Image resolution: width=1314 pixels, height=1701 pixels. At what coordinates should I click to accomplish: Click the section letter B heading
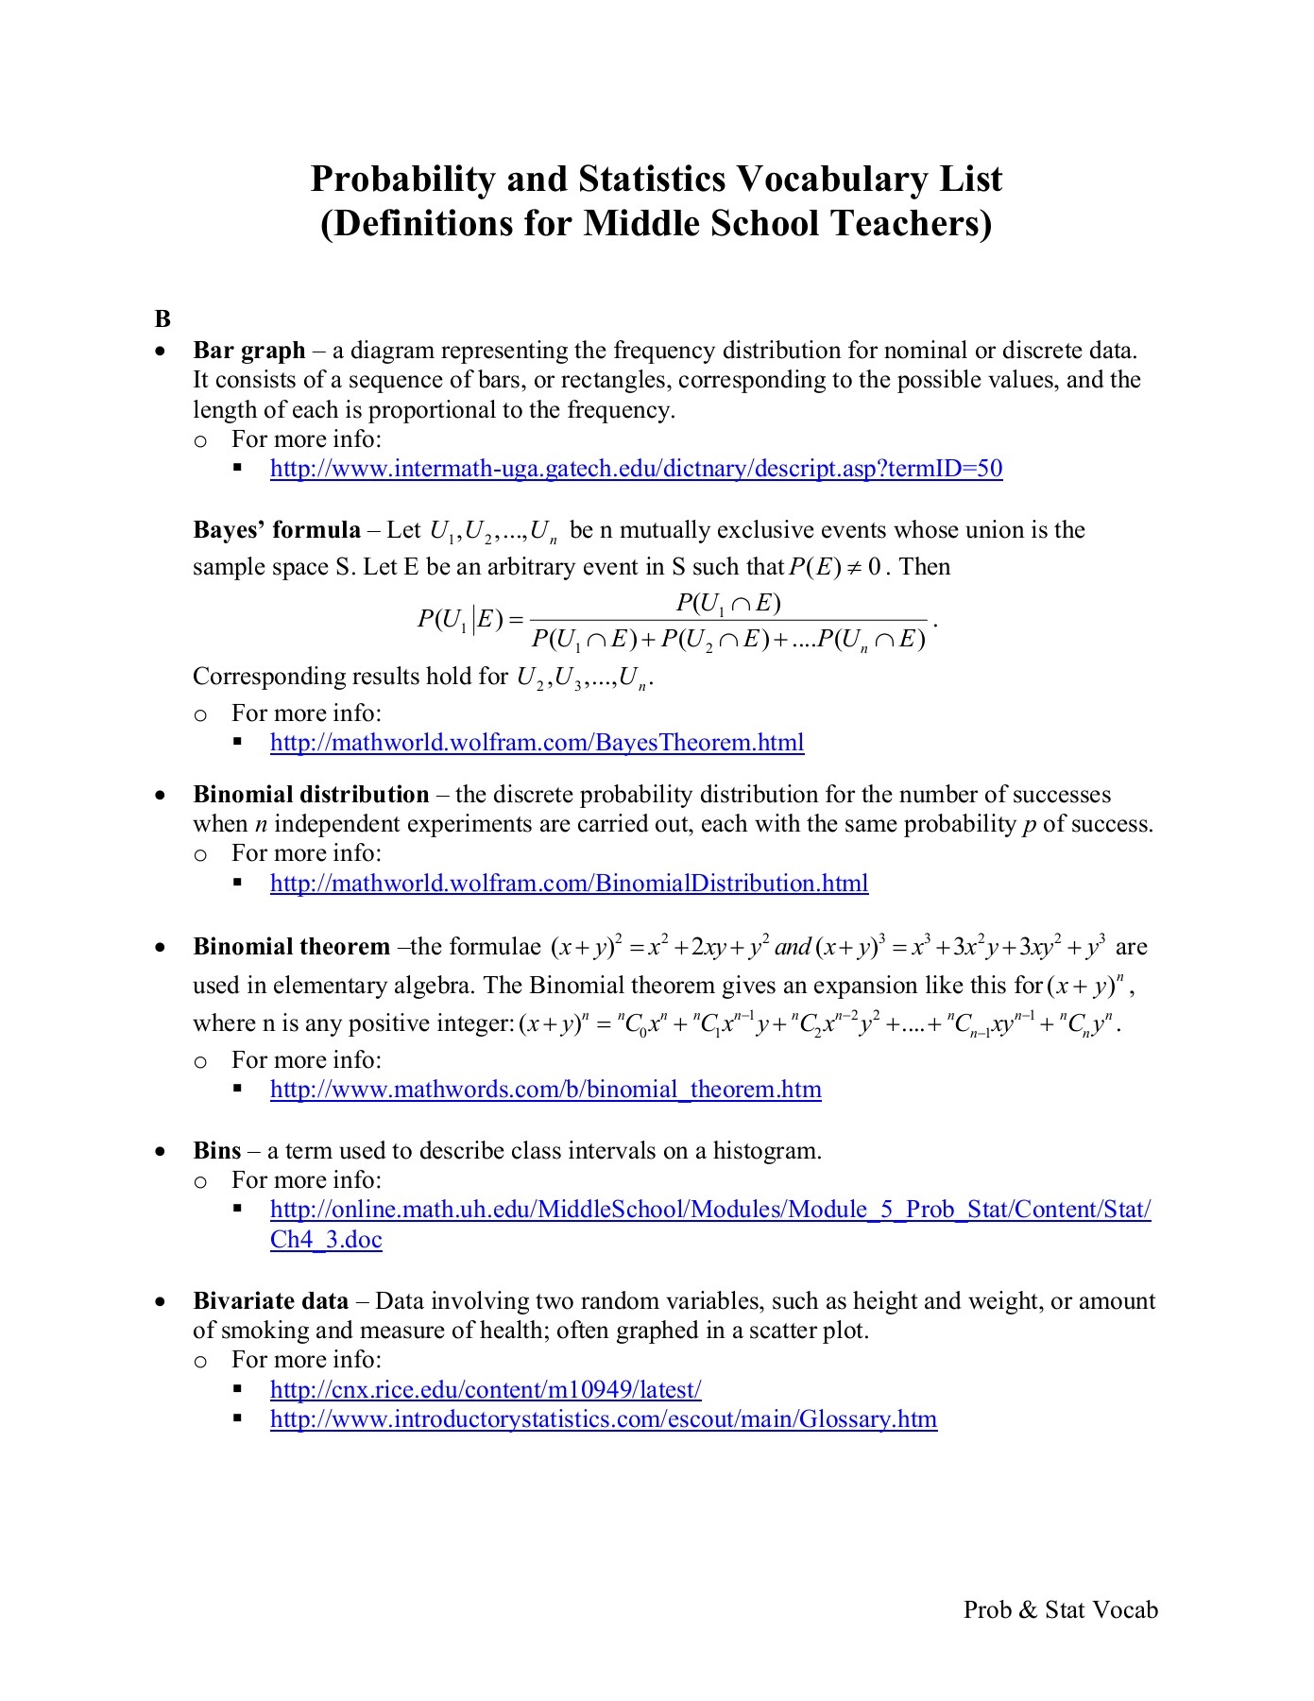(162, 318)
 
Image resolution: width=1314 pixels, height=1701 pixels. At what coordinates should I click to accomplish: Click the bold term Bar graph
(249, 351)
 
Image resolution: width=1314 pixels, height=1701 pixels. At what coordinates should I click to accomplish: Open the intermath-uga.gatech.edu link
(636, 469)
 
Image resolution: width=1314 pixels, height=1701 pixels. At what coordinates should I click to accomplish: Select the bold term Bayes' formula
(277, 530)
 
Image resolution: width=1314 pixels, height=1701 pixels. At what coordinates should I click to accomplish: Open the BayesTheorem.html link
(537, 743)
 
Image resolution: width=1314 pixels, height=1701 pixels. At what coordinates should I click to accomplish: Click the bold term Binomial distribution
(311, 795)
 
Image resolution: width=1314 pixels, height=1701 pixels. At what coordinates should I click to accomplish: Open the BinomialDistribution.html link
(569, 884)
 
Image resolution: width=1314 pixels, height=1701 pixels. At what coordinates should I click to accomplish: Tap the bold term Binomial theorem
(291, 947)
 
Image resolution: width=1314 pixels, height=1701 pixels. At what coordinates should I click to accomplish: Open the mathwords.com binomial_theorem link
(545, 1090)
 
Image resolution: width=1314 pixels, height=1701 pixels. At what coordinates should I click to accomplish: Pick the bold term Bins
(217, 1151)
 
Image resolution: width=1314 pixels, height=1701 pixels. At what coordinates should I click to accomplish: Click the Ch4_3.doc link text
(326, 1240)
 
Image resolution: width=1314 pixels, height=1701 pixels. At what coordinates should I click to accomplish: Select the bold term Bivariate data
(271, 1301)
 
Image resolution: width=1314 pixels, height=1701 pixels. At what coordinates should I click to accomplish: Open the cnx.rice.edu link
(486, 1390)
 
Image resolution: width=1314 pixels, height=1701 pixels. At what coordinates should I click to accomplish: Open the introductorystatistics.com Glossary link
(604, 1419)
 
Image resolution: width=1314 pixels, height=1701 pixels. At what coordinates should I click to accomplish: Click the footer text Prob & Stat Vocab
(1060, 1610)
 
